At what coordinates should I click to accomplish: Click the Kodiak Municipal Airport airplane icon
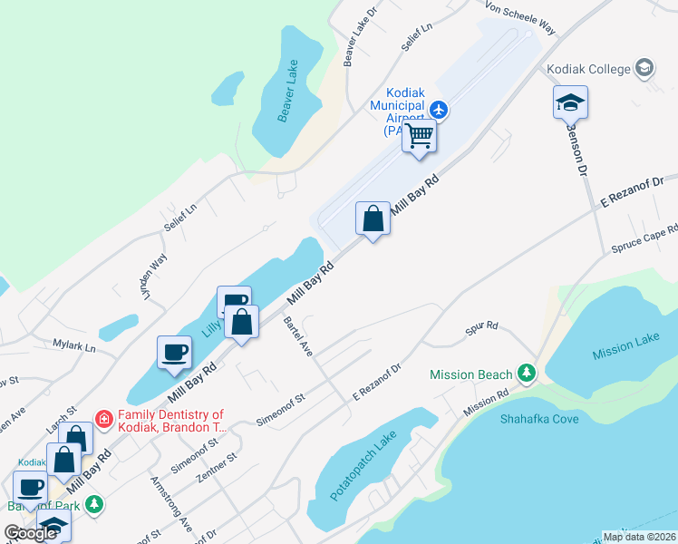[x=440, y=110]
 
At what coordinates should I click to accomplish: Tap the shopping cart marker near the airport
[x=420, y=137]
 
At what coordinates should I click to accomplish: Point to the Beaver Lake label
[x=288, y=103]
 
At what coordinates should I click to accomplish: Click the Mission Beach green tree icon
[x=526, y=374]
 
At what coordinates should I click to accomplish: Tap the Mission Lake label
[x=625, y=346]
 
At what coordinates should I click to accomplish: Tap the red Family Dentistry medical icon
[x=104, y=419]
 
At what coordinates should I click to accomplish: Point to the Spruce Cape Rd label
[x=644, y=238]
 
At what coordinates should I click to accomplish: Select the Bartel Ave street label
[x=297, y=335]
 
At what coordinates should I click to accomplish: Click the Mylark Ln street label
[x=73, y=345]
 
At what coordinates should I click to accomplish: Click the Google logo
[x=30, y=533]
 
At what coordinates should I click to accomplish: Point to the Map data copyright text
[x=639, y=537]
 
